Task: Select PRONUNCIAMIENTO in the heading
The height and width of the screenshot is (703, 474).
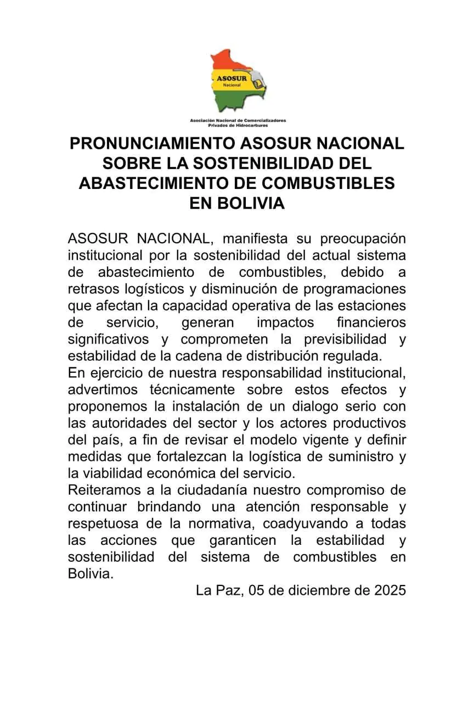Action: [x=153, y=144]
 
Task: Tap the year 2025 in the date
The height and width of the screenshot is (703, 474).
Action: [x=390, y=590]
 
